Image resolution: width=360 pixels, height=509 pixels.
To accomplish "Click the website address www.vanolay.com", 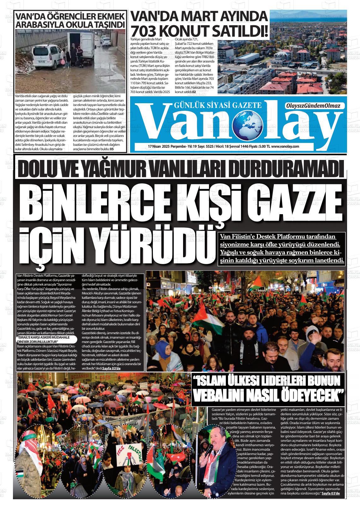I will (285, 146).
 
